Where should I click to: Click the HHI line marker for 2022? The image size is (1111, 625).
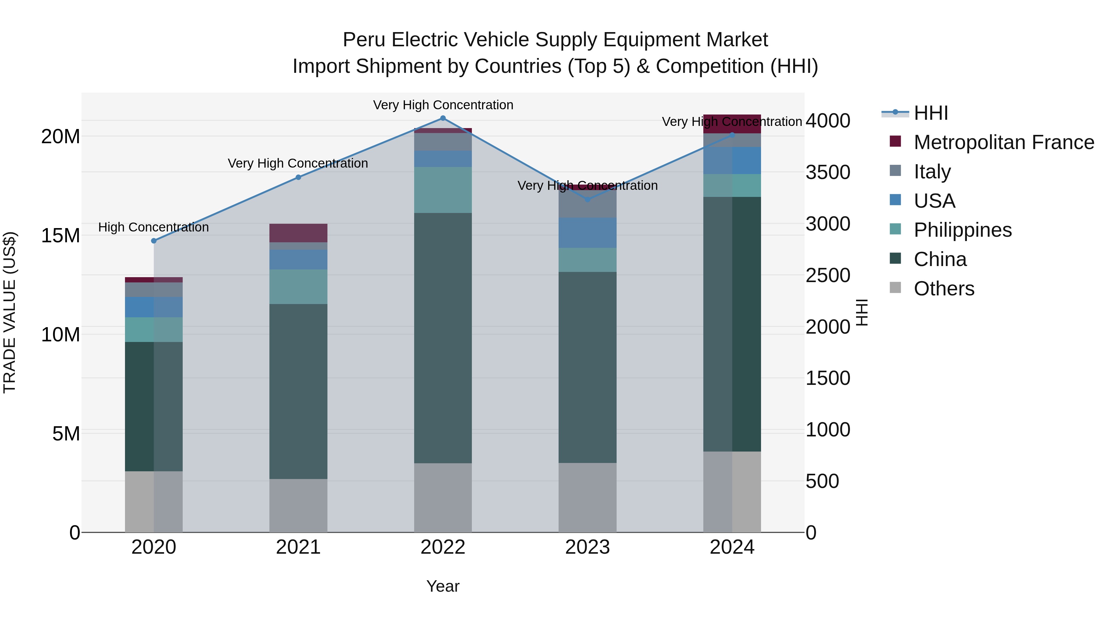(443, 118)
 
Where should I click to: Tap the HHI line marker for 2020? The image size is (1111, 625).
(154, 241)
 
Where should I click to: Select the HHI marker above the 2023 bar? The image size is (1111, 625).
(587, 199)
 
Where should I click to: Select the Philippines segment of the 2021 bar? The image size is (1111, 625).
(298, 286)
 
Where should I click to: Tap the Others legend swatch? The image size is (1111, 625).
(895, 288)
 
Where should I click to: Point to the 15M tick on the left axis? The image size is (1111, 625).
(60, 235)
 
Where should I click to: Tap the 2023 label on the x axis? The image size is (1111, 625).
(587, 547)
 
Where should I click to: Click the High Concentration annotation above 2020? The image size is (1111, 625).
(154, 227)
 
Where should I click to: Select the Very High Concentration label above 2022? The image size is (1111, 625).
(443, 105)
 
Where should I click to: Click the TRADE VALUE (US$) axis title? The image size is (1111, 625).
(10, 312)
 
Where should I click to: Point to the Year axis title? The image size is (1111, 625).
(443, 586)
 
